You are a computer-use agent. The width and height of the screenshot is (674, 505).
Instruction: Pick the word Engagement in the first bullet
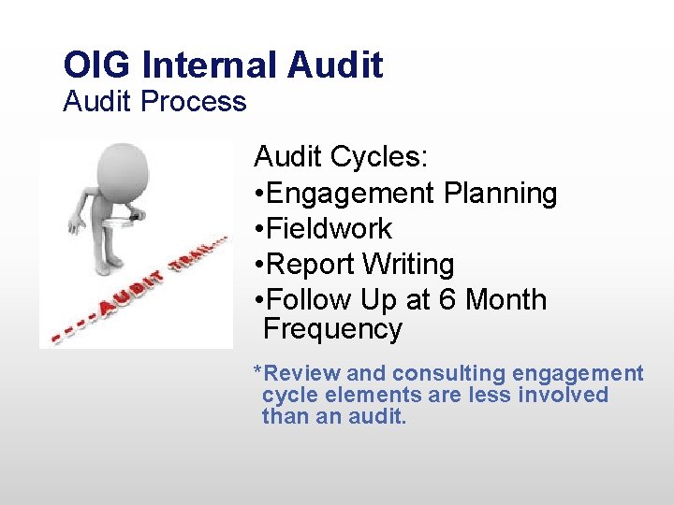click(x=350, y=194)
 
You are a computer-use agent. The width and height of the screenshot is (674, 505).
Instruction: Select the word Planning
click(x=500, y=194)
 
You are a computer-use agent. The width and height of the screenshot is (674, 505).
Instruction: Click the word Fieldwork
click(x=329, y=229)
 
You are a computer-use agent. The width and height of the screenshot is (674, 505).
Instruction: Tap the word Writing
click(x=408, y=265)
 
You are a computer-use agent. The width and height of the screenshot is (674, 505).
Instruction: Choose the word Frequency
click(x=332, y=329)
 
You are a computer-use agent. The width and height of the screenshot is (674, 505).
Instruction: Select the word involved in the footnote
click(x=565, y=396)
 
